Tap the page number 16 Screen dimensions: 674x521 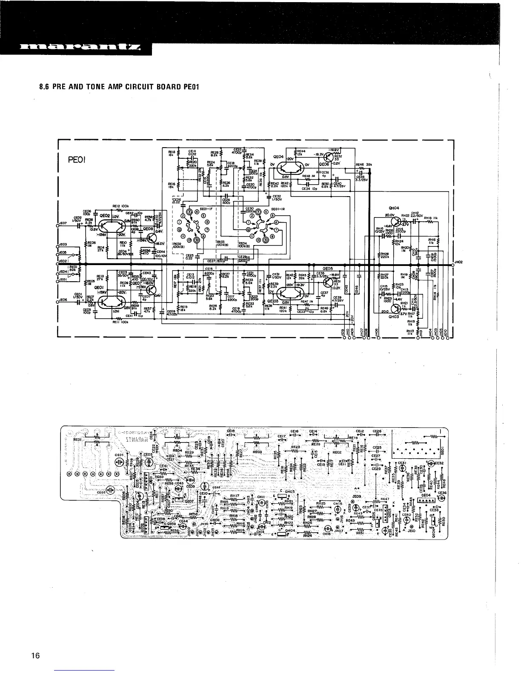(35, 656)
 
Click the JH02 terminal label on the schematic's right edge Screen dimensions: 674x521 (458, 262)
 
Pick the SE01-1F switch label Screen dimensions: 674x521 (206, 210)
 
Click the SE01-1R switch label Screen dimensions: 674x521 (278, 209)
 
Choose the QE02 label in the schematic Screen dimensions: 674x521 (105, 216)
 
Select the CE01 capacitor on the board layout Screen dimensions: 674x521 (119, 454)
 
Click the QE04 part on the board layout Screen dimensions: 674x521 (426, 495)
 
